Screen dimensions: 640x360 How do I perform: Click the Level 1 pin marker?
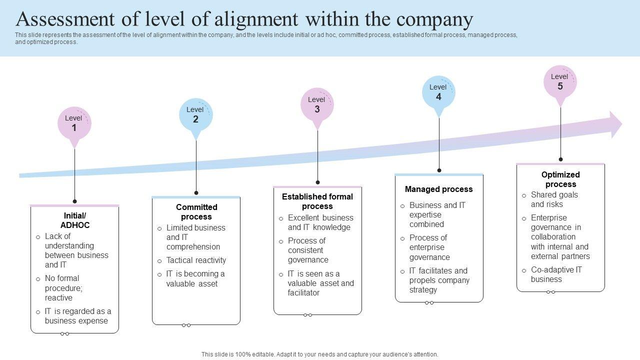click(x=74, y=123)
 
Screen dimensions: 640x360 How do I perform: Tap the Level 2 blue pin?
click(x=195, y=114)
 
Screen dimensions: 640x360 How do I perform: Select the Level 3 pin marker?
click(x=317, y=105)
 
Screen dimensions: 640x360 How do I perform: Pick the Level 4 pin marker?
click(x=438, y=92)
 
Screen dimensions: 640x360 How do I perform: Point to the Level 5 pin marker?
click(x=560, y=82)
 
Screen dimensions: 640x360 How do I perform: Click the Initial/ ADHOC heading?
click(x=75, y=220)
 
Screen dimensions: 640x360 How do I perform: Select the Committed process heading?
click(x=196, y=212)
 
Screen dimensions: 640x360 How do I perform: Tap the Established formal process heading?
click(x=317, y=201)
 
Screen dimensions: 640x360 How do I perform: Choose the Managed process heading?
click(x=438, y=189)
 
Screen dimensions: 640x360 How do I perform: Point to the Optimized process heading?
click(x=560, y=179)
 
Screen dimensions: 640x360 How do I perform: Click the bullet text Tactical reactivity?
click(x=196, y=260)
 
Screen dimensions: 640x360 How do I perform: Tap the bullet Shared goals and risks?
click(x=554, y=199)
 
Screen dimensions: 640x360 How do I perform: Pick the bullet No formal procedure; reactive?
click(x=64, y=288)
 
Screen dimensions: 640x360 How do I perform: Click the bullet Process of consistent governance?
click(x=308, y=250)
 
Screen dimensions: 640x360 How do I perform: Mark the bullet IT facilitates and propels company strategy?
click(x=439, y=280)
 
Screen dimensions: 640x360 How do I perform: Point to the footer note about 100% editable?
click(x=319, y=354)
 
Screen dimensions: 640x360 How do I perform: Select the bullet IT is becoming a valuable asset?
click(x=195, y=279)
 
